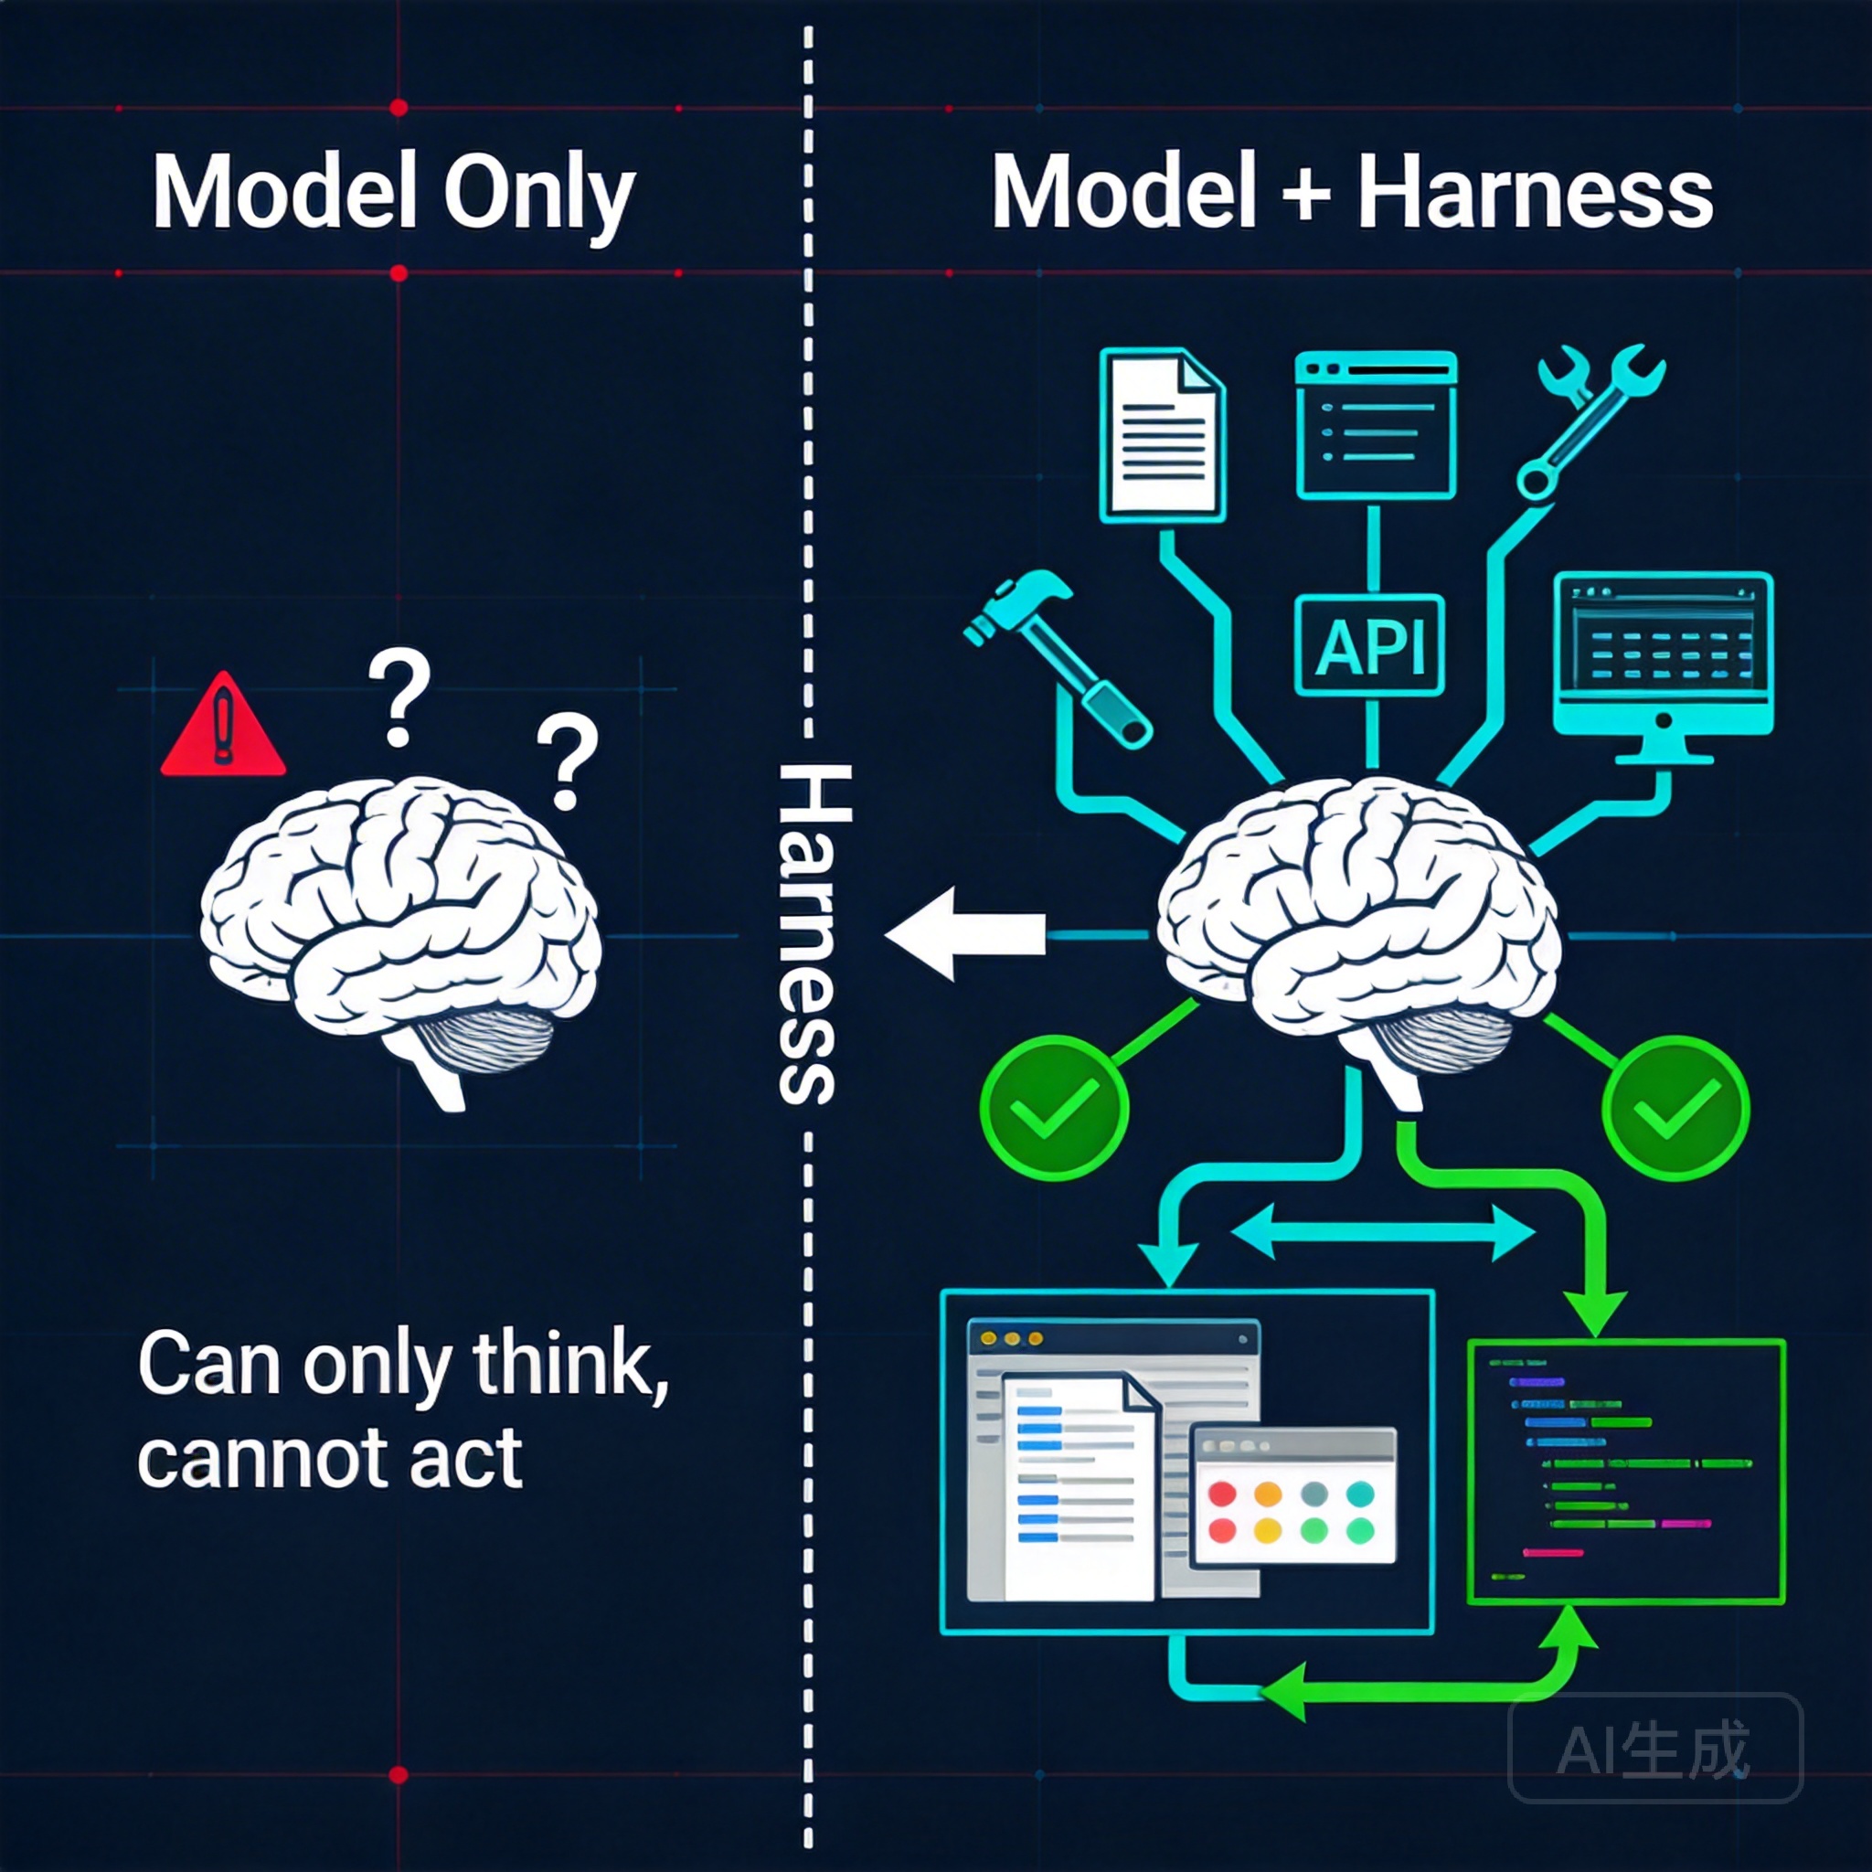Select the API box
click(x=1370, y=645)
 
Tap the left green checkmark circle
click(x=1054, y=1107)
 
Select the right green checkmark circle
click(x=1676, y=1107)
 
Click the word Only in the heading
click(x=538, y=194)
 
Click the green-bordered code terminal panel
click(x=1627, y=1473)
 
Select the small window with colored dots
click(x=1293, y=1495)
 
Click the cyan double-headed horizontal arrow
click(x=1383, y=1232)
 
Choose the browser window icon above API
click(x=1376, y=426)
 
